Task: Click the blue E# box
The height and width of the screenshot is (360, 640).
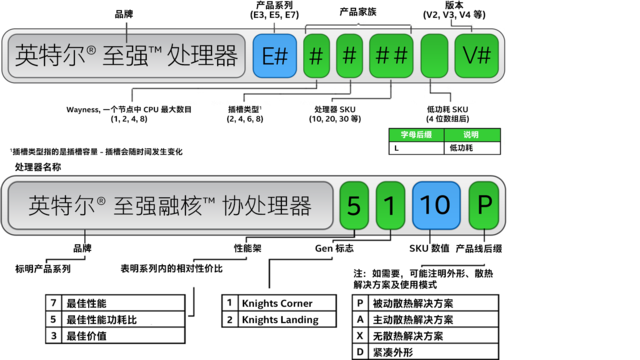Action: click(274, 56)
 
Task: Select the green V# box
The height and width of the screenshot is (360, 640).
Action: click(477, 56)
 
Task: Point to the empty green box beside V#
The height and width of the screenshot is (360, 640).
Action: click(434, 56)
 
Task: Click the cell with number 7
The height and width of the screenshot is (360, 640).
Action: click(53, 302)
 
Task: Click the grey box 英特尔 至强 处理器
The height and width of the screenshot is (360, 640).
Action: click(126, 56)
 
